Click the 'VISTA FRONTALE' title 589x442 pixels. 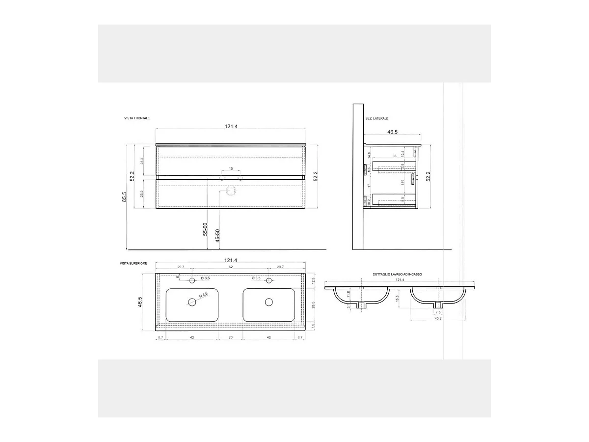tap(137, 118)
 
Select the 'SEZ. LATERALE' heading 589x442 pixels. tap(376, 118)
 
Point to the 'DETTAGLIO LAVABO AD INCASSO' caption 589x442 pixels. tap(397, 275)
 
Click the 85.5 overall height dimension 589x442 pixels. tap(125, 196)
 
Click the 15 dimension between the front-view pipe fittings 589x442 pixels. tap(231, 169)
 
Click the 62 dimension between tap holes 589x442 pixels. tap(231, 267)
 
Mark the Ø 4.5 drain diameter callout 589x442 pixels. tap(203, 295)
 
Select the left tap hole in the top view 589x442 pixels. tap(192, 280)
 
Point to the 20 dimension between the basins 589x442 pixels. tap(231, 337)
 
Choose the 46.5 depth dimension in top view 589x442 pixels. tap(140, 302)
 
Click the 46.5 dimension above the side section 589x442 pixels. tap(392, 132)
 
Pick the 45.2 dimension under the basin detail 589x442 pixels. tap(437, 318)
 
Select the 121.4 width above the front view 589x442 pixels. tap(231, 126)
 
